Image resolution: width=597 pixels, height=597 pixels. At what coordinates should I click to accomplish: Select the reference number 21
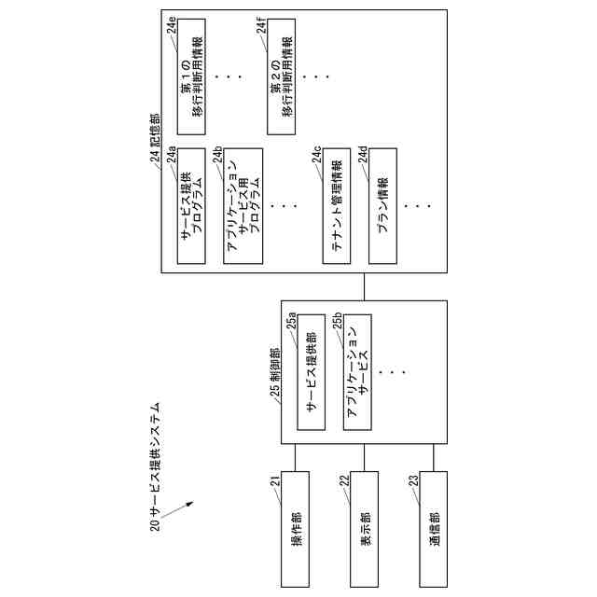click(276, 482)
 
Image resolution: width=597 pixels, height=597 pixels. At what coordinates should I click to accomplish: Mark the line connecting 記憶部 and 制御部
click(365, 286)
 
